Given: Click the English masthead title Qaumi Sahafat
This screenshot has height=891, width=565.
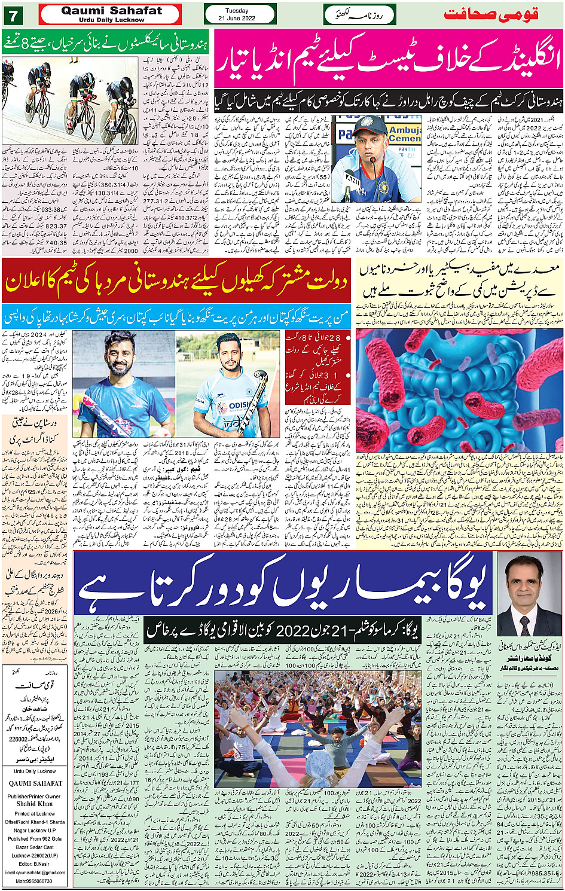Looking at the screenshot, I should point(111,11).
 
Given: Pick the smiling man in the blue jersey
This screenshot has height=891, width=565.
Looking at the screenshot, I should point(123,386).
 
